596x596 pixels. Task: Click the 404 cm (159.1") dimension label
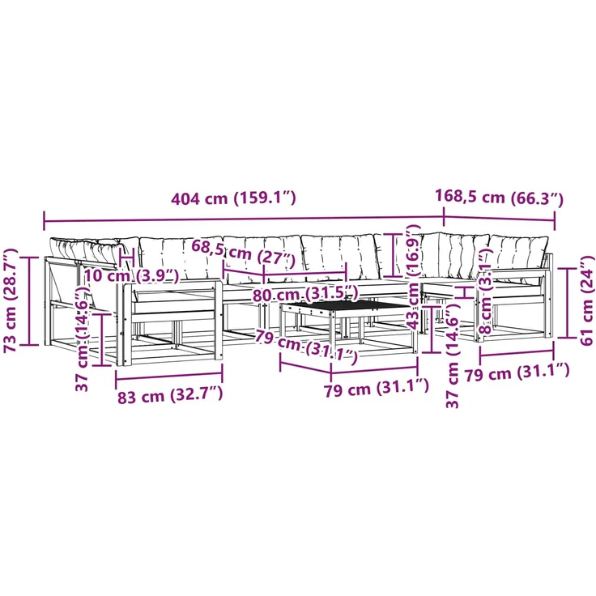pyautogui.click(x=233, y=198)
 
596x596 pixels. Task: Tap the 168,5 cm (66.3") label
pyautogui.click(x=499, y=198)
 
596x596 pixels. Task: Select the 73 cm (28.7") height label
pyautogui.click(x=11, y=300)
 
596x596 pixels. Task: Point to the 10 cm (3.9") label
pyautogui.click(x=131, y=275)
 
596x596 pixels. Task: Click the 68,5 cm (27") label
pyautogui.click(x=243, y=253)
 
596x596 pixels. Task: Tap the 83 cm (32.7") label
pyautogui.click(x=169, y=396)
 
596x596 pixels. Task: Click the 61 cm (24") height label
pyautogui.click(x=587, y=300)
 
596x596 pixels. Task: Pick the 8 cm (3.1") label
pyautogui.click(x=487, y=291)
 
